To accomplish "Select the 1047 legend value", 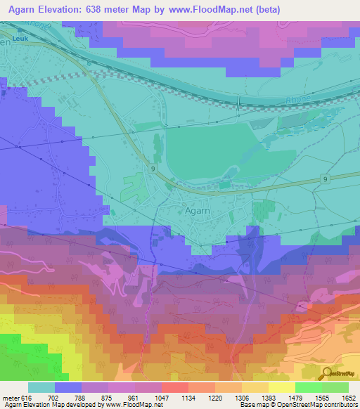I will click(x=161, y=397).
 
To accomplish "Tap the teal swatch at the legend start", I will click(x=41, y=387).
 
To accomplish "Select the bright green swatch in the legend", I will click(x=308, y=387).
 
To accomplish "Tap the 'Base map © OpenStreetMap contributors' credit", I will click(x=297, y=405).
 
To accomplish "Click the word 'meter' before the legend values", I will click(x=9, y=397).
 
